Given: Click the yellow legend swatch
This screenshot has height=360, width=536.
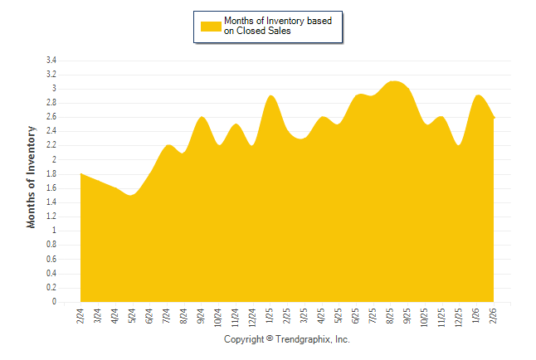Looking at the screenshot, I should pyautogui.click(x=211, y=26).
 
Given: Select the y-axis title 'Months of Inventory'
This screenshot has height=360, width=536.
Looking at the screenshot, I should pyautogui.click(x=32, y=177).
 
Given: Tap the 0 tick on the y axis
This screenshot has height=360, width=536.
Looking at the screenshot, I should pyautogui.click(x=54, y=302).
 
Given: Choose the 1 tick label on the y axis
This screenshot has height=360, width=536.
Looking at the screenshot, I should pyautogui.click(x=54, y=231).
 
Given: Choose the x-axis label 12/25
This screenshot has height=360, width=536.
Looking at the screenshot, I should pyautogui.click(x=459, y=317).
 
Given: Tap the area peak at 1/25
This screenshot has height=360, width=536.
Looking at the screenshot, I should pyautogui.click(x=270, y=96).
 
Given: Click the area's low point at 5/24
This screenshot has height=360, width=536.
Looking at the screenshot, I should pyautogui.click(x=132, y=196).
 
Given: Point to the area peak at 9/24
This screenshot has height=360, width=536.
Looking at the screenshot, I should pyautogui.click(x=201, y=118).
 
